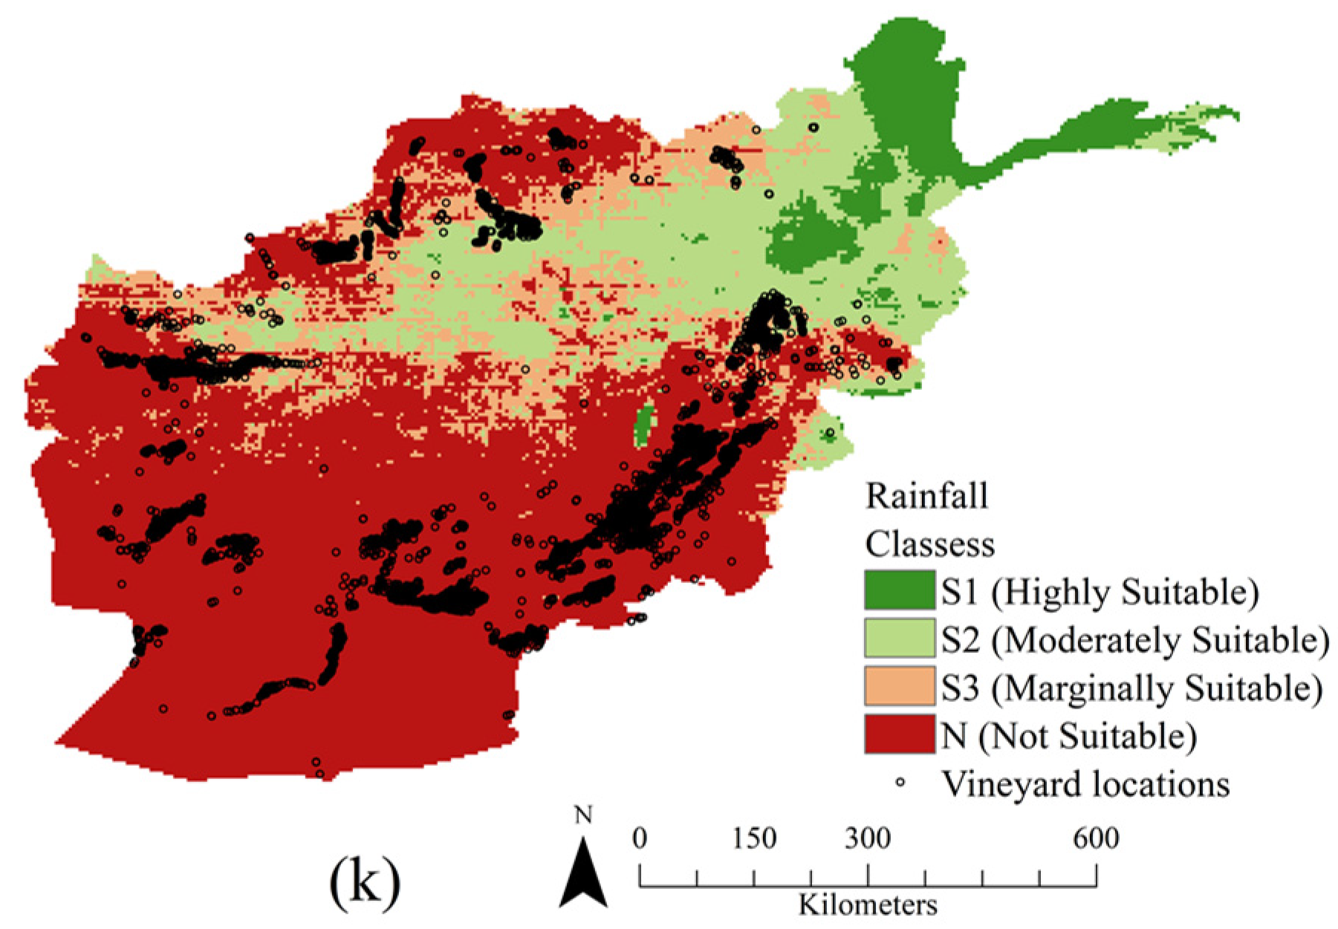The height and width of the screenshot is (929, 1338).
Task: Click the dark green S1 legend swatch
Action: (x=899, y=590)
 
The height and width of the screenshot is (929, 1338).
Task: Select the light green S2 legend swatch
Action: (x=899, y=638)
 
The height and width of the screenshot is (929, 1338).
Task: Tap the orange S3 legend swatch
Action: (x=899, y=686)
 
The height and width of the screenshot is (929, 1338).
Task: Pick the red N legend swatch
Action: (x=899, y=734)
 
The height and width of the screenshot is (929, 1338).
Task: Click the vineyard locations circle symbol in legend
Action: (x=900, y=782)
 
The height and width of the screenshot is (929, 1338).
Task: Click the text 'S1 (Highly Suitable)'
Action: (x=1100, y=592)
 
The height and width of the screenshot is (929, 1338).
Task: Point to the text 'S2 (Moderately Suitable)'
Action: (x=1134, y=640)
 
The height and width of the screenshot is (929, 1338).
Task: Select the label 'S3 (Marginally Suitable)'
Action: (x=1131, y=688)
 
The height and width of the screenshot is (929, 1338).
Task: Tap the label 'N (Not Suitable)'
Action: (x=1069, y=736)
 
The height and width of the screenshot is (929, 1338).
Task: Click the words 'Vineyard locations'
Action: (x=1085, y=784)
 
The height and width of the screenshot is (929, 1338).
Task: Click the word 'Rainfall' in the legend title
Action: (x=926, y=496)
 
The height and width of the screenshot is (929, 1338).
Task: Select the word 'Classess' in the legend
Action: (x=929, y=544)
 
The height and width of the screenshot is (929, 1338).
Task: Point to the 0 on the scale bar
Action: (x=640, y=839)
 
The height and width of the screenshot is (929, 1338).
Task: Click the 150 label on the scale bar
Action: (x=754, y=839)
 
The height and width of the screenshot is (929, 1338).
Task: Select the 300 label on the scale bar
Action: (x=867, y=839)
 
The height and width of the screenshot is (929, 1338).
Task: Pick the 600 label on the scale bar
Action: (x=1096, y=839)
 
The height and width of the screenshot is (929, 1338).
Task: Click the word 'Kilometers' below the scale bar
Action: (x=868, y=905)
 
